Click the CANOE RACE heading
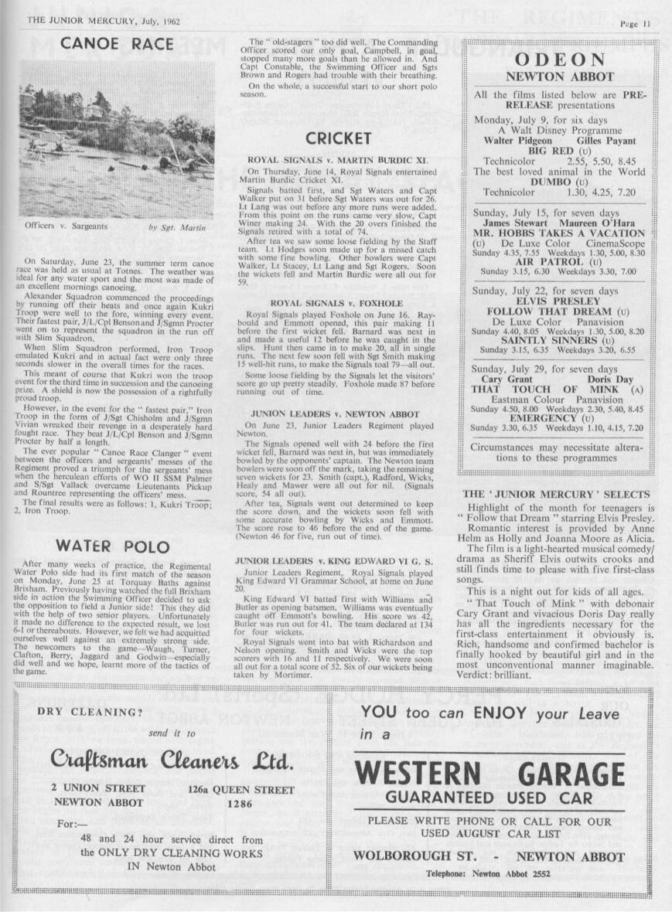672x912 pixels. point(118,44)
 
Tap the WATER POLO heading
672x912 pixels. point(112,546)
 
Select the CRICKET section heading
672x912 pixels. point(338,138)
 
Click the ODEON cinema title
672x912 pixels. point(560,60)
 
